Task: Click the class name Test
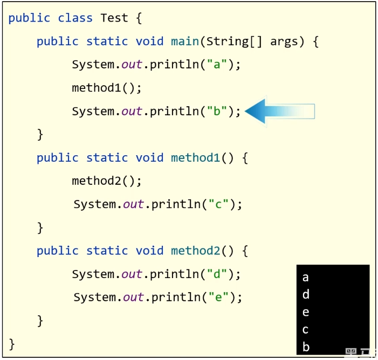pyautogui.click(x=114, y=18)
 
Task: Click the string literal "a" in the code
pyautogui.click(x=217, y=65)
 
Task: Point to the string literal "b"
pyautogui.click(x=217, y=112)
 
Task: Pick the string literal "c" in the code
pyautogui.click(x=219, y=204)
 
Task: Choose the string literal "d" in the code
pyautogui.click(x=217, y=274)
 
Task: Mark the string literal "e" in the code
pyautogui.click(x=219, y=297)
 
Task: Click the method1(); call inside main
pyautogui.click(x=106, y=88)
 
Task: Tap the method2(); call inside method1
pyautogui.click(x=106, y=181)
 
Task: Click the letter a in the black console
pyautogui.click(x=306, y=278)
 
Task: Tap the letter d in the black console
pyautogui.click(x=306, y=295)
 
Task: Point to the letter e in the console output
pyautogui.click(x=306, y=313)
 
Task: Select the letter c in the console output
pyautogui.click(x=306, y=330)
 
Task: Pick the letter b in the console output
pyautogui.click(x=306, y=347)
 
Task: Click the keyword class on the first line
pyautogui.click(x=75, y=18)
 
